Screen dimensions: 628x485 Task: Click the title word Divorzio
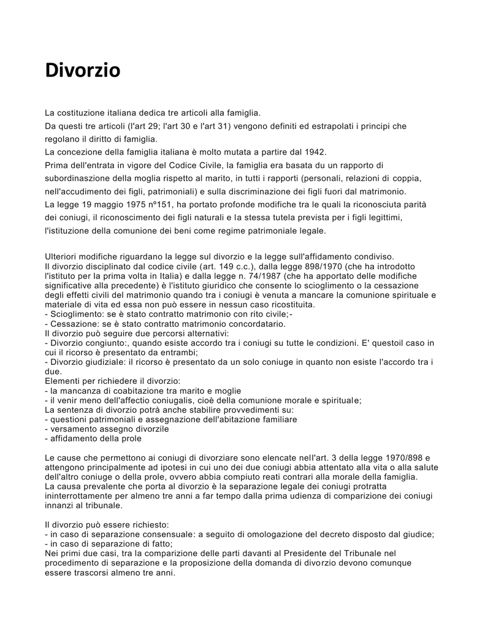[x=83, y=71]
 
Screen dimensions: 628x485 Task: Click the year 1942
[x=314, y=151]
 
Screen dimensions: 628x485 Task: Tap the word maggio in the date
[x=102, y=204]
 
